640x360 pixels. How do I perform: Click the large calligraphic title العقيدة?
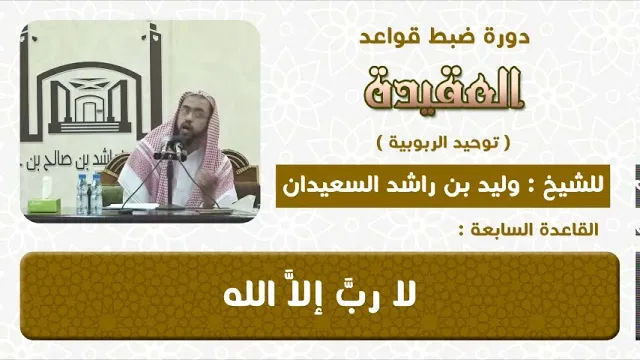click(443, 89)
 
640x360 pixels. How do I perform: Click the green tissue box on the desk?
click(39, 204)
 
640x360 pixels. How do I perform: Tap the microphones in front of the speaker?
click(170, 148)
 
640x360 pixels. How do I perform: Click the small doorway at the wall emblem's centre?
click(89, 112)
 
